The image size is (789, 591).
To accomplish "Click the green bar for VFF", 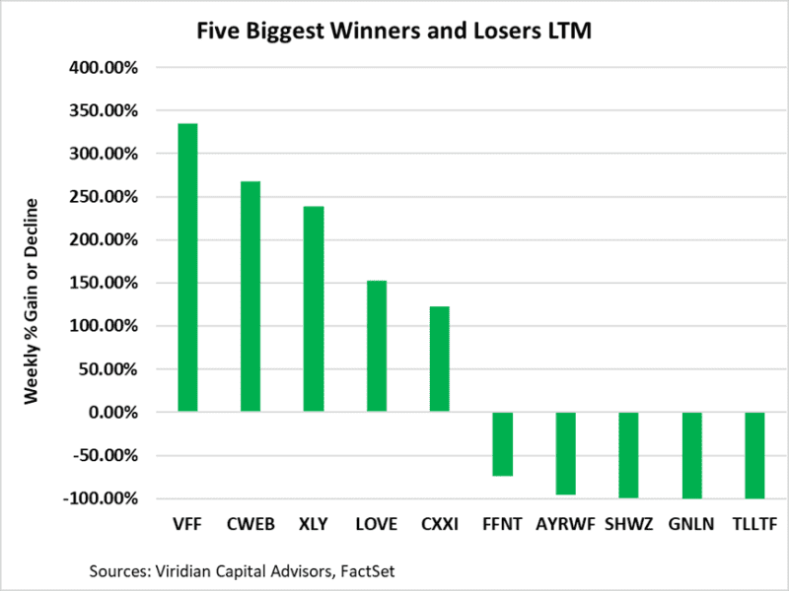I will [187, 267].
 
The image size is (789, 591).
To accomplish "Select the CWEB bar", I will [251, 296].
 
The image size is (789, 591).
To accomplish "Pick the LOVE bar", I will [377, 346].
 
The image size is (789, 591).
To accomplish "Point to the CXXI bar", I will [440, 359].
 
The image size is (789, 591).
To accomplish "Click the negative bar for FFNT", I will [503, 444].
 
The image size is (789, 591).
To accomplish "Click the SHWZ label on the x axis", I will [628, 525].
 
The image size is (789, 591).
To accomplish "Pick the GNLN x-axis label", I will [691, 525].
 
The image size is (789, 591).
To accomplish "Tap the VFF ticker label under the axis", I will [187, 525].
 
